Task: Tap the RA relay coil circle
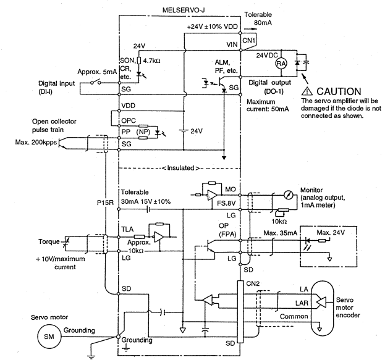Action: [x=281, y=64]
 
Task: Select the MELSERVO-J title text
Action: [x=183, y=10]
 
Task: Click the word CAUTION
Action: [x=339, y=91]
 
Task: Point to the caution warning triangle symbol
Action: [x=307, y=91]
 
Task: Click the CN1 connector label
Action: [x=248, y=40]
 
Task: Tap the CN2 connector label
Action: [x=253, y=283]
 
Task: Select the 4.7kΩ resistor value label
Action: [x=151, y=61]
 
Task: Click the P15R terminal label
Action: [x=105, y=203]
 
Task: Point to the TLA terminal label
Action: [x=127, y=229]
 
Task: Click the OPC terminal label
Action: [x=129, y=120]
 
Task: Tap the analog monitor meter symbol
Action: [x=288, y=195]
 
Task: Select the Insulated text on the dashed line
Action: [x=180, y=168]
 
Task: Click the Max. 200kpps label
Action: [x=36, y=142]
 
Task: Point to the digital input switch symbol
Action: [x=96, y=82]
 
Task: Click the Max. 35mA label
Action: [x=281, y=233]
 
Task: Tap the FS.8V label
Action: [x=226, y=203]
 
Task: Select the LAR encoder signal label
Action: [x=302, y=303]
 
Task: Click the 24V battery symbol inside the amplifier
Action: [x=184, y=130]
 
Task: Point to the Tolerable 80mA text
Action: [x=258, y=19]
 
